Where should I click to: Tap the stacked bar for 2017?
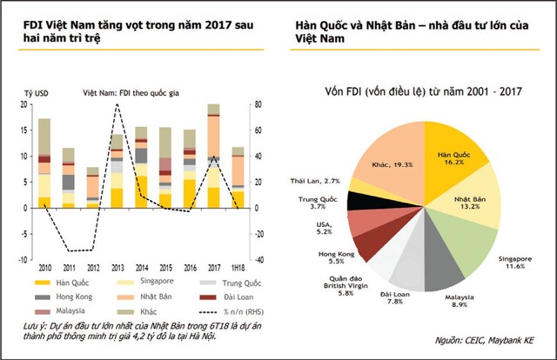pos(213,157)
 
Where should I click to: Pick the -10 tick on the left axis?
pos(23,259)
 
